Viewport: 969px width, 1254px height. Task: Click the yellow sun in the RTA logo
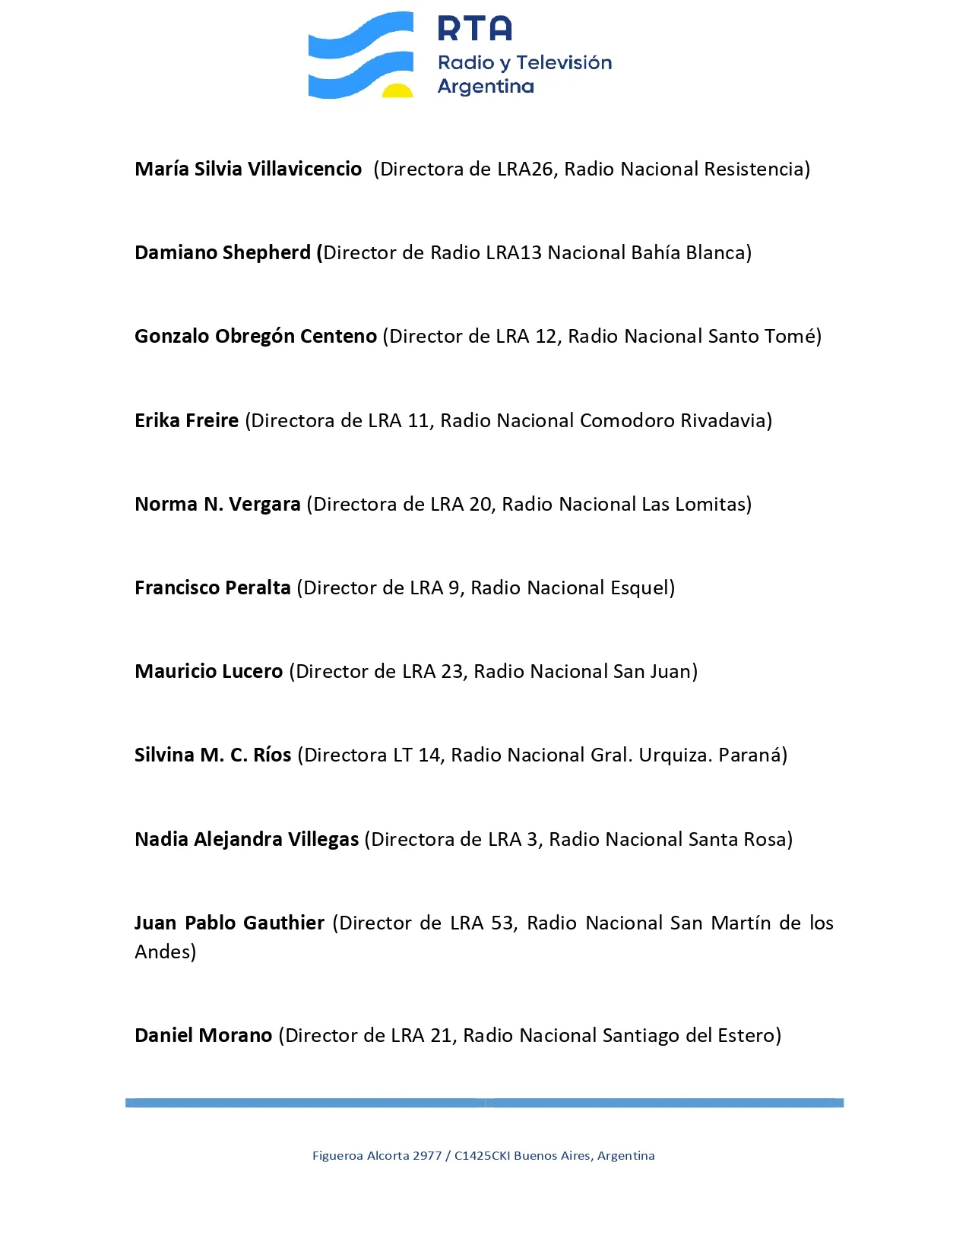coord(397,91)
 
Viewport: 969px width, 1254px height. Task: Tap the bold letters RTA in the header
coord(475,29)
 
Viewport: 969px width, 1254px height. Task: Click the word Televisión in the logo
coord(564,62)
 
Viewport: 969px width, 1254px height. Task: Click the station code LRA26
coord(525,169)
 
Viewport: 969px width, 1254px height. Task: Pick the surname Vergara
coord(264,504)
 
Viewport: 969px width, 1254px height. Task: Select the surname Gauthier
coord(284,923)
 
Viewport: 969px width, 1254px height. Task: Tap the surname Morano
coord(239,1035)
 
